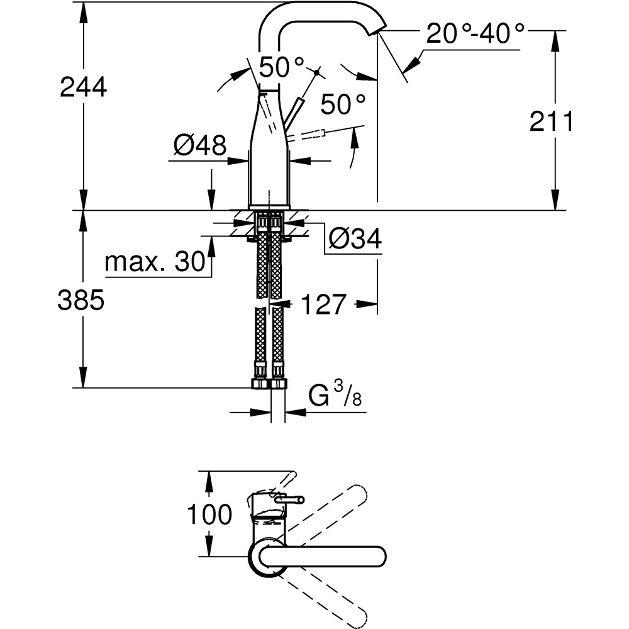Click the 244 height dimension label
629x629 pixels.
click(83, 87)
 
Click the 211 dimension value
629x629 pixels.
click(551, 121)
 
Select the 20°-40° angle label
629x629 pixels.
click(475, 34)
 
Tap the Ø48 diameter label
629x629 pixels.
click(199, 147)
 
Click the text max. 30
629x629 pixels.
click(155, 262)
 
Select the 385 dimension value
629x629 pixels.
click(80, 301)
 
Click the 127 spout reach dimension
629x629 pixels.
click(323, 305)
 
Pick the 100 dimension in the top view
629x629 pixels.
click(209, 515)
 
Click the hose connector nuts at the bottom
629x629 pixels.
click(269, 384)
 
